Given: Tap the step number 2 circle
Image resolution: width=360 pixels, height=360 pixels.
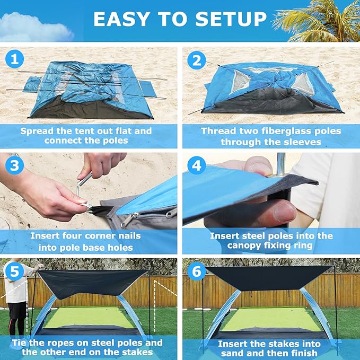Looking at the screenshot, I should tap(197, 60).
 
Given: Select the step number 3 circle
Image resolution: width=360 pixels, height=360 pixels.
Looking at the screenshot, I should tap(14, 166).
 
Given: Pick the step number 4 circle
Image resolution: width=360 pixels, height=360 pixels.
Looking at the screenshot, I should tap(197, 166).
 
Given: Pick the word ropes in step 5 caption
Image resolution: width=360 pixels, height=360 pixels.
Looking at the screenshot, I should tap(62, 343).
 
